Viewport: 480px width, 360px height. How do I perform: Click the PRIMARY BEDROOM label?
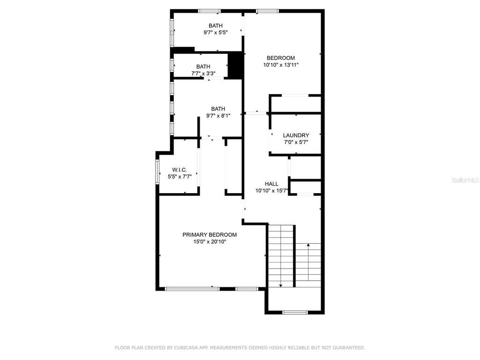pyautogui.click(x=210, y=235)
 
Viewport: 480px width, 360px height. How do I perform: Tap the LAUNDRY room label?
pyautogui.click(x=296, y=135)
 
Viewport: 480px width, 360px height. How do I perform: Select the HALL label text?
pyautogui.click(x=271, y=184)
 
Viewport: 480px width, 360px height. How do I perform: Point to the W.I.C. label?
pyautogui.click(x=180, y=170)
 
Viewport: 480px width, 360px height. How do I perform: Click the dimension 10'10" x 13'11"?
pyautogui.click(x=281, y=65)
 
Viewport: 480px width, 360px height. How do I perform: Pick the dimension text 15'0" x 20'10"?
pyautogui.click(x=210, y=242)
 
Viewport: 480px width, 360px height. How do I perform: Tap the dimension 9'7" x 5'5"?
pyautogui.click(x=216, y=32)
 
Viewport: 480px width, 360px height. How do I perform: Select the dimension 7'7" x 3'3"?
pyautogui.click(x=203, y=74)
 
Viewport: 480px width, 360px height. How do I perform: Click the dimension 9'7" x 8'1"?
pyautogui.click(x=218, y=116)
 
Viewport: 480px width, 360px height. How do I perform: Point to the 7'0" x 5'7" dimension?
pyautogui.click(x=296, y=142)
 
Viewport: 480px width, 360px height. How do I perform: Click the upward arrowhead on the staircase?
pyautogui.click(x=308, y=245)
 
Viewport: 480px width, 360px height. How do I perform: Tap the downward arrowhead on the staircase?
pyautogui.click(x=281, y=285)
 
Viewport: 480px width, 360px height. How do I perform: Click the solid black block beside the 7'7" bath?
pyautogui.click(x=236, y=65)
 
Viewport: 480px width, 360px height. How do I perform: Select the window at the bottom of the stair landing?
pyautogui.click(x=294, y=313)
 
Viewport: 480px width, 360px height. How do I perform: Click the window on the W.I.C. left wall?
pyautogui.click(x=157, y=172)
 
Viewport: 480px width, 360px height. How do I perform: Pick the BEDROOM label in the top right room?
pyautogui.click(x=281, y=58)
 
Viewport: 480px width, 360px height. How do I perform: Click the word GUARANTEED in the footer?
pyautogui.click(x=349, y=348)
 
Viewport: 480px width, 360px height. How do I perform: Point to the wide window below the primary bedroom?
pyautogui.click(x=192, y=289)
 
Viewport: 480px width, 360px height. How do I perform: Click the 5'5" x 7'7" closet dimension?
pyautogui.click(x=180, y=177)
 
